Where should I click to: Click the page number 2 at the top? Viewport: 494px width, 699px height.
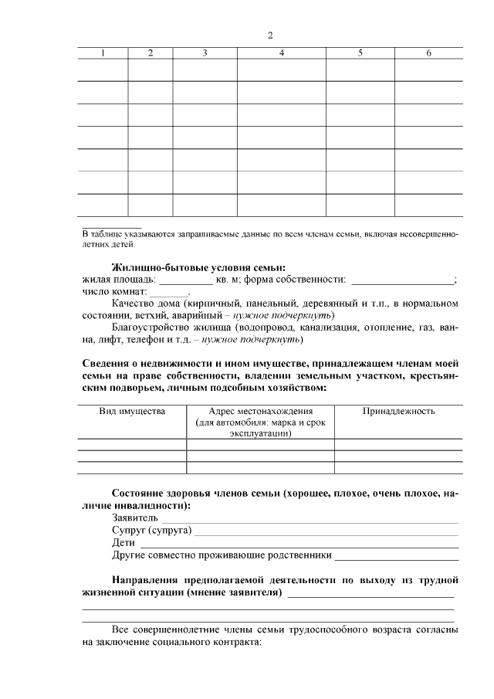[270, 36]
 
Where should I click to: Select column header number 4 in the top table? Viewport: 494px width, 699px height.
[282, 53]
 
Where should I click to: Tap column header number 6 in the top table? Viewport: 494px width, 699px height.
[428, 53]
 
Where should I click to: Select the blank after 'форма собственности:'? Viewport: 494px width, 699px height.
[402, 280]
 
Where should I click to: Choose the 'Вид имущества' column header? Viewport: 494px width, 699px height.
[132, 412]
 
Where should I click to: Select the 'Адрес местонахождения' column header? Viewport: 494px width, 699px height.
[260, 412]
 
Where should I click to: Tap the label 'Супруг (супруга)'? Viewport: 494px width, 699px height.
[152, 531]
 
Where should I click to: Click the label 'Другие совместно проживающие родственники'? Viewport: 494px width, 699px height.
[222, 555]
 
